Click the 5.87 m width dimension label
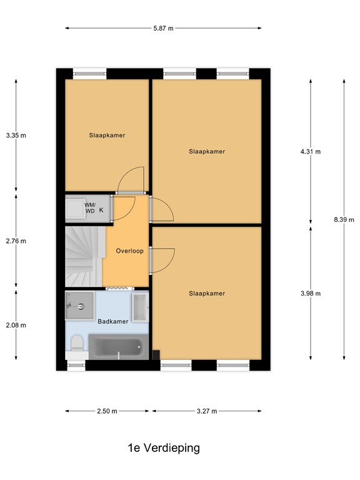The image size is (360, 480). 164,28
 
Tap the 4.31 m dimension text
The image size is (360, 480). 311,151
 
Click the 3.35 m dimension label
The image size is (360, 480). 16,135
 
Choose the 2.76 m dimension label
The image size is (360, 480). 16,241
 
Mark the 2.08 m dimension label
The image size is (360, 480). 16,325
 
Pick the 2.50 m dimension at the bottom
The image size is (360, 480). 107,411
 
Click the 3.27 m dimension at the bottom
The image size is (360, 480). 206,411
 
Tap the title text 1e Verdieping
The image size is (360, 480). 163,448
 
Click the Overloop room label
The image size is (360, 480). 130,251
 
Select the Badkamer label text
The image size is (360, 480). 113,321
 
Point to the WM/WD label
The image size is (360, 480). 90,207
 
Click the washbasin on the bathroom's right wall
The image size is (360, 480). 139,307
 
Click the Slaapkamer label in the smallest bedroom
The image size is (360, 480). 107,135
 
